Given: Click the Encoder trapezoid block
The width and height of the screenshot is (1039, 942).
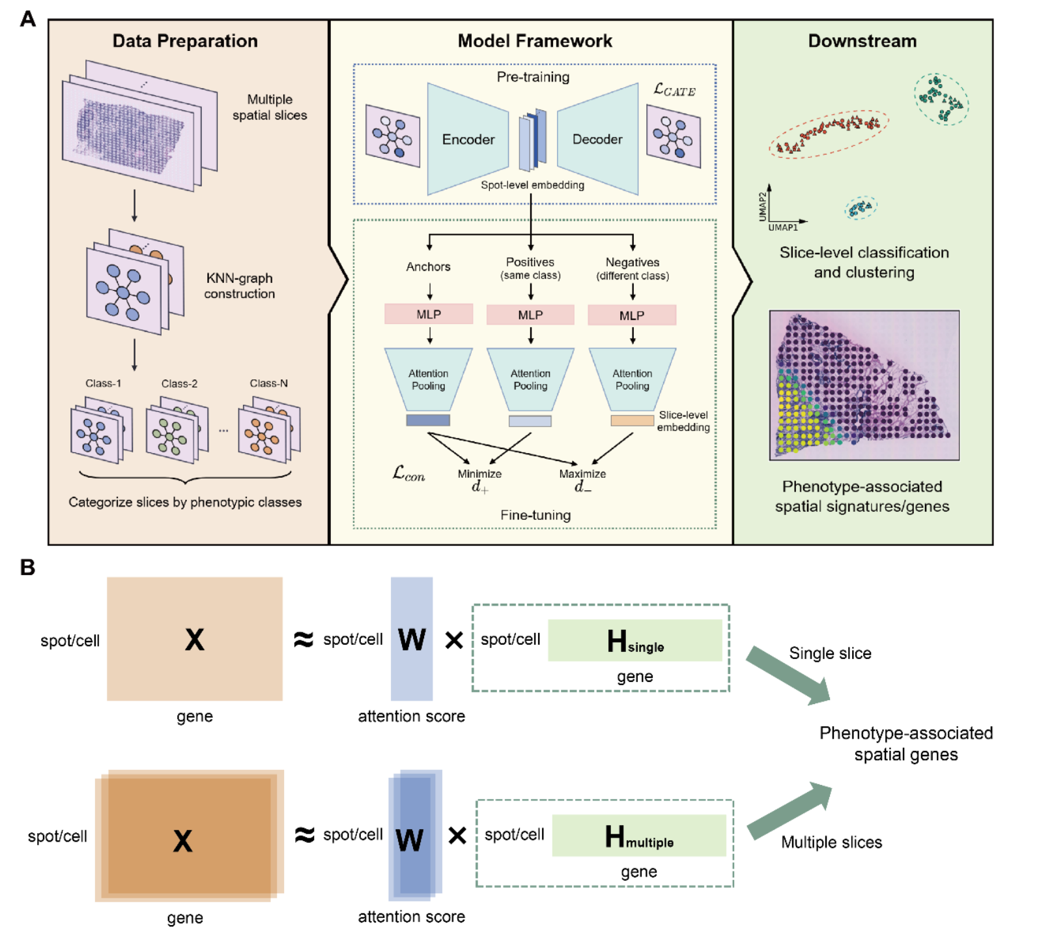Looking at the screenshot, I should coord(468,139).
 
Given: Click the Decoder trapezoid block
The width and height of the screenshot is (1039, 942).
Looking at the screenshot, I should coord(597,139).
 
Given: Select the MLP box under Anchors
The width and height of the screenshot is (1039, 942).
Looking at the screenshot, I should coord(429,314).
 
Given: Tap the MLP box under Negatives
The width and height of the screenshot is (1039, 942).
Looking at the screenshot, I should coord(632,316).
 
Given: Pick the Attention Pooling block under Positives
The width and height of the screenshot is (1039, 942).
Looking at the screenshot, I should coord(530,379).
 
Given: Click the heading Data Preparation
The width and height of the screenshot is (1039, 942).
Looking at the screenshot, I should coord(185,41).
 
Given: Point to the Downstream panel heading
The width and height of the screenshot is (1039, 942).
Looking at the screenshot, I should coord(862,41).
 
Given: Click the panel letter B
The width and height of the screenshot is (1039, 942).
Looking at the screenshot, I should coord(27,567).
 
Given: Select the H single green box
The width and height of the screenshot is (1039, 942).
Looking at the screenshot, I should coord(634,641).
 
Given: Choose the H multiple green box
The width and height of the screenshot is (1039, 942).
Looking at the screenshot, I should coord(638,836).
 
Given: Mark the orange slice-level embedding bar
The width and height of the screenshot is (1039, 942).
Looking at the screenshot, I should coord(632,421).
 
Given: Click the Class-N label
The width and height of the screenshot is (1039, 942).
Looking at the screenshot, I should coord(268,383).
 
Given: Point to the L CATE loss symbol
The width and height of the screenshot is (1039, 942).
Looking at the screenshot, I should coord(674,90).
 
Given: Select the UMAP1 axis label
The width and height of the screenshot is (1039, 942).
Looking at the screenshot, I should coord(782,228).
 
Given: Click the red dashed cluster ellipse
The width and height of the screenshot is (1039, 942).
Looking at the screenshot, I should coord(828,134).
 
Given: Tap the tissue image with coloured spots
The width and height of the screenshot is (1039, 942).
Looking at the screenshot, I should coord(864,385).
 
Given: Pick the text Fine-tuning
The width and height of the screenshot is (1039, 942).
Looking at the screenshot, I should coord(535,515).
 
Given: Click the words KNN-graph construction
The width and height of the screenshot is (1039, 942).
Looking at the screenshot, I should coord(239,286).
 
